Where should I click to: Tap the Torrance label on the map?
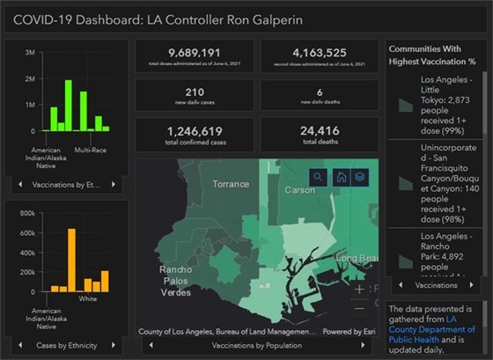[232, 184]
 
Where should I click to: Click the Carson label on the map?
[300, 189]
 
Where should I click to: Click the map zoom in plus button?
[359, 289]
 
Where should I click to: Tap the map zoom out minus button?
[359, 309]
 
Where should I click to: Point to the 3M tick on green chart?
[30, 53]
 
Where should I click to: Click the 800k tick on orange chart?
[26, 213]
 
